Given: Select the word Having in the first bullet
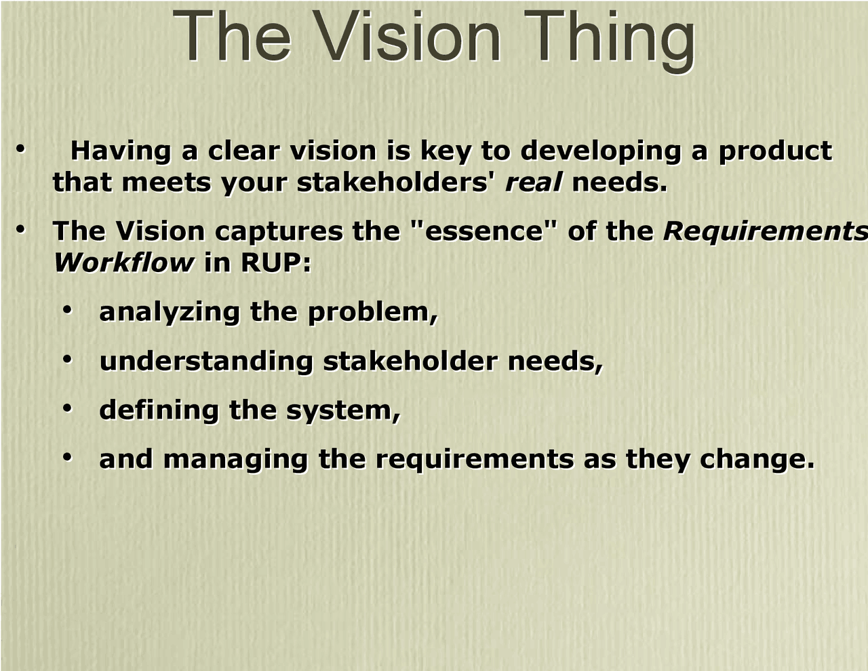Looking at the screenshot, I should (x=121, y=151).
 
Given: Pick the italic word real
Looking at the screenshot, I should (x=533, y=183).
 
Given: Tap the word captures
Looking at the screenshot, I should (x=279, y=232).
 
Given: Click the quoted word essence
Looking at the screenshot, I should (x=484, y=231).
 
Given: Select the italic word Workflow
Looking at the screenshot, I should (x=123, y=263).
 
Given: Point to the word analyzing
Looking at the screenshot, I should (x=169, y=312).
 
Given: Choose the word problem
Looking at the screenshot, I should (x=372, y=312).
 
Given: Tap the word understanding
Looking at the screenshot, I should (x=205, y=361).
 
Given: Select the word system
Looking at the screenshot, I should (x=342, y=411).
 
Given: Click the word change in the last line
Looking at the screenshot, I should (x=756, y=459).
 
